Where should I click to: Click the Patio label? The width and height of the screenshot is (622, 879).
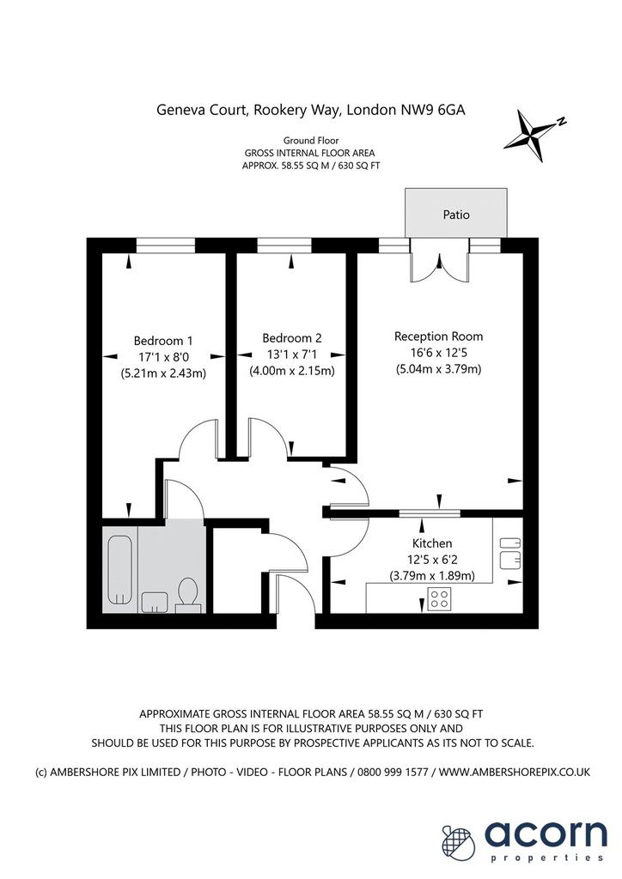(x=456, y=214)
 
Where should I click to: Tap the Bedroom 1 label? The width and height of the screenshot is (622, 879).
(x=163, y=340)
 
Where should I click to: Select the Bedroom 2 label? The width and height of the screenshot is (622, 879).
(x=291, y=338)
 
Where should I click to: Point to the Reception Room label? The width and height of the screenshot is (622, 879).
(x=438, y=336)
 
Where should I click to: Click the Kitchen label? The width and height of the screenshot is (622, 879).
(x=432, y=543)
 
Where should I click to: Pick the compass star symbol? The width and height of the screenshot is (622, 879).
(x=533, y=135)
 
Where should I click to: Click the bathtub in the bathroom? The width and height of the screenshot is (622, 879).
(x=120, y=570)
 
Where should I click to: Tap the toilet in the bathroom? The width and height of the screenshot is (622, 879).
(x=187, y=594)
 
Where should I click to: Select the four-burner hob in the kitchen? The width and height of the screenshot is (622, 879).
(x=439, y=598)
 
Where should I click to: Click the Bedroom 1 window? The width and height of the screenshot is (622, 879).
(x=166, y=246)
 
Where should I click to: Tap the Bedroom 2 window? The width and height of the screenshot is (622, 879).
(x=284, y=246)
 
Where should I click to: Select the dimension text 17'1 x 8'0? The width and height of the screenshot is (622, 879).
(x=164, y=356)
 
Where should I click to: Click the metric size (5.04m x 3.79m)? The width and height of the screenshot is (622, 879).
(x=438, y=369)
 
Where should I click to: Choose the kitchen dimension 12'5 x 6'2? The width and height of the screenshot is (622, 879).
(x=432, y=560)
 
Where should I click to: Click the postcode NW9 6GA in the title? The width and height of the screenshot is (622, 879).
(x=432, y=110)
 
